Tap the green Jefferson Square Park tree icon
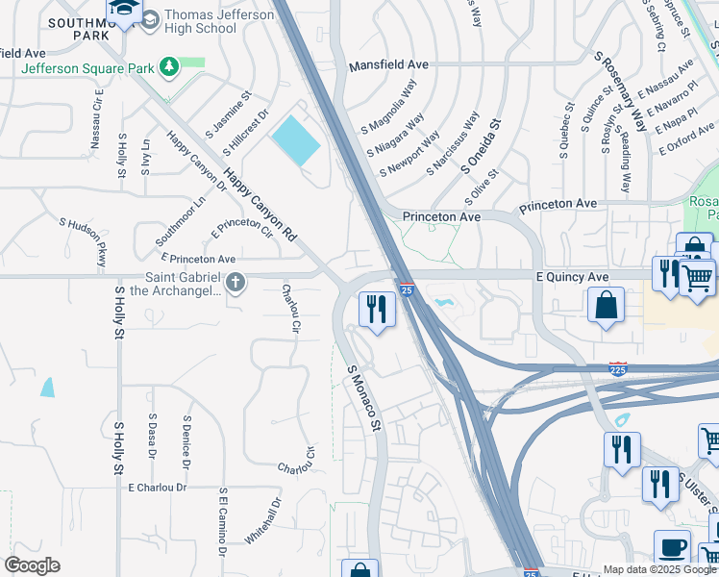click(x=170, y=66)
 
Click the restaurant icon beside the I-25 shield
click(x=376, y=310)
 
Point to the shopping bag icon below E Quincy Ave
click(x=606, y=307)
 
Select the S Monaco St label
click(x=364, y=397)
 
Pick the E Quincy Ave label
click(x=572, y=276)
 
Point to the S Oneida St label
click(x=482, y=145)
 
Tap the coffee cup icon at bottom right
click(x=673, y=548)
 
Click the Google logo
click(x=33, y=566)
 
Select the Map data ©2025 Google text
click(x=659, y=569)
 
